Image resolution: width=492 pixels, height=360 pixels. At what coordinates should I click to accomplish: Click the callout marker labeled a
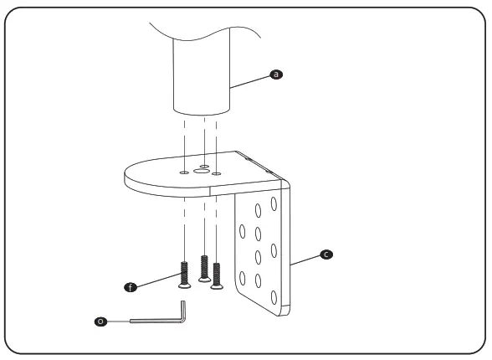pos(278,75)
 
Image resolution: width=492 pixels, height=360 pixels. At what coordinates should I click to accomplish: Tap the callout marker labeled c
pos(325,252)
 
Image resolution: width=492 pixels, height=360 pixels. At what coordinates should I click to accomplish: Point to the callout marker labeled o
pos(102,320)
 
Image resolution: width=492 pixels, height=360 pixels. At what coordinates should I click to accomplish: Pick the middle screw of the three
pos(204,267)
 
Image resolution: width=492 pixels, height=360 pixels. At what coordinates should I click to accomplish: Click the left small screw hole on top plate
pos(183,172)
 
